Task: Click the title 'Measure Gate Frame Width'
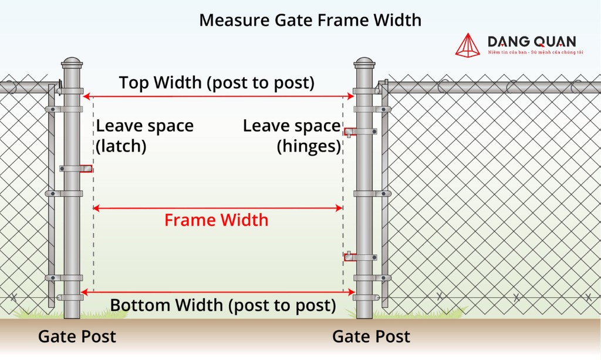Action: [310, 21]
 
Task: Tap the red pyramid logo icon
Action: [468, 45]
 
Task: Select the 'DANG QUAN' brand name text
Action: [532, 42]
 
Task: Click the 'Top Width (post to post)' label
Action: [217, 83]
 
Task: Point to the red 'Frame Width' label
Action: [216, 220]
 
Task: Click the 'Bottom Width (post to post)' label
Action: [223, 305]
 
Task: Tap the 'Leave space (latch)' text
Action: [144, 136]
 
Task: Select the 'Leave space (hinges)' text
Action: [292, 136]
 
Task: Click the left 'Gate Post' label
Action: [77, 337]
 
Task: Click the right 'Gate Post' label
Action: [371, 337]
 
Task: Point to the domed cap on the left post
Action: [72, 62]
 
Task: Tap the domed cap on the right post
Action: [364, 62]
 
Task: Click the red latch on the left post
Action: [87, 169]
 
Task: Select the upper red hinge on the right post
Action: [350, 132]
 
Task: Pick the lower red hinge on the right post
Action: [350, 257]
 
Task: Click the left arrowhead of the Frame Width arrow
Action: [96, 208]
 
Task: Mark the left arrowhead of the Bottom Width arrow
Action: [85, 292]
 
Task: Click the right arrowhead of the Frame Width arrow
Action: [339, 208]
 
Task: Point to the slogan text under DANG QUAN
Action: [535, 52]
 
